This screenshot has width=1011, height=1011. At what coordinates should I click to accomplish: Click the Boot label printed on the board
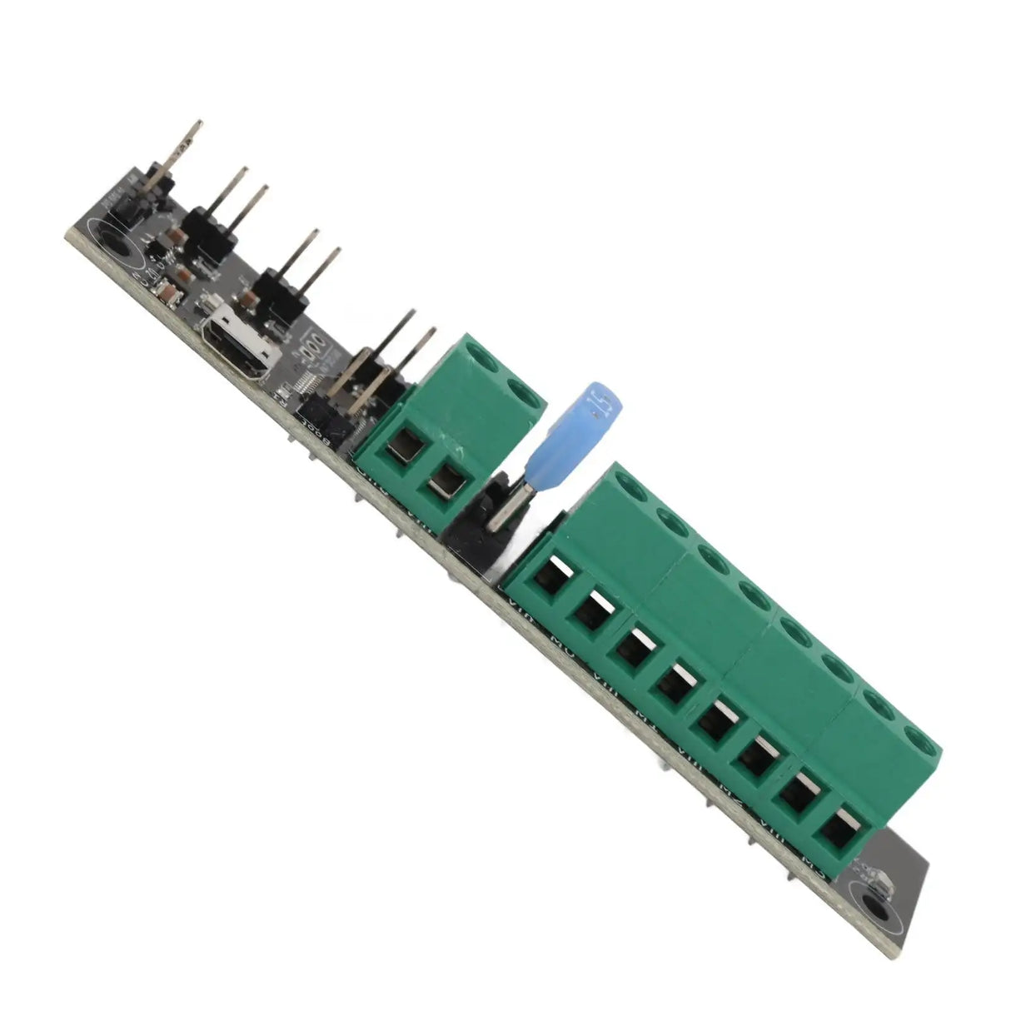point(316,432)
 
